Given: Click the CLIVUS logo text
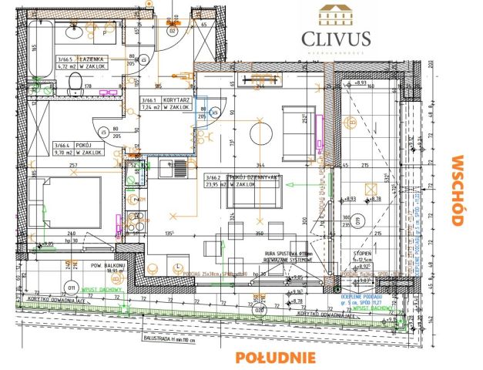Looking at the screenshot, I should click(x=330, y=38).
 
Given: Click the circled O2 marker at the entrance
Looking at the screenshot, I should click(x=173, y=32).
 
